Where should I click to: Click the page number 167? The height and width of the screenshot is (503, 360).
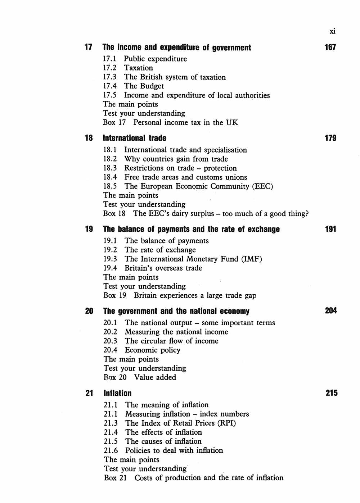[330, 47]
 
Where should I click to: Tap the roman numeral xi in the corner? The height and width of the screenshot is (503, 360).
[332, 31]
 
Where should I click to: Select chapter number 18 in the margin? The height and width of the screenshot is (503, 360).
[89, 138]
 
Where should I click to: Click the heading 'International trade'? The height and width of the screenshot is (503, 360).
[135, 138]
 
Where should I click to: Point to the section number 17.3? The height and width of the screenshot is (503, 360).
[110, 77]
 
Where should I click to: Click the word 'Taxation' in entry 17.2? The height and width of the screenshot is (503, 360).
[139, 68]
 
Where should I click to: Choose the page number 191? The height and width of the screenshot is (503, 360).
[330, 229]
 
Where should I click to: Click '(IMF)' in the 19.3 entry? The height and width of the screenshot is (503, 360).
[251, 259]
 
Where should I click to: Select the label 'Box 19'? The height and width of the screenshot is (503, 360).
[115, 295]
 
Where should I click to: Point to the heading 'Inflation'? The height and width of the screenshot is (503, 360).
[118, 393]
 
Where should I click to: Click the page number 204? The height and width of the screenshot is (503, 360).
[330, 311]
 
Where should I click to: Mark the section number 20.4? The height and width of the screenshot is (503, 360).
[110, 350]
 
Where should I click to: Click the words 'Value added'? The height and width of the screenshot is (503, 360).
[155, 377]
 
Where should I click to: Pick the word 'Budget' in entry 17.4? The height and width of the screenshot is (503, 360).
[152, 86]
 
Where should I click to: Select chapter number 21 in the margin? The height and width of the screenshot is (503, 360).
[89, 393]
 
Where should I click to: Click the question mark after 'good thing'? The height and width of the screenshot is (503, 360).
[306, 214]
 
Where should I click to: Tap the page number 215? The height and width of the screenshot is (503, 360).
[331, 393]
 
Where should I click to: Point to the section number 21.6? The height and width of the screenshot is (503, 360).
[111, 450]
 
